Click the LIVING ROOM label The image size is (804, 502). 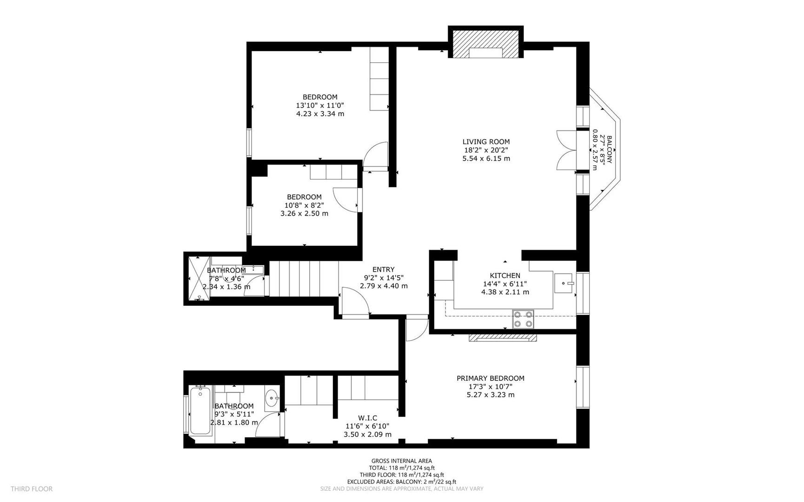[486, 142]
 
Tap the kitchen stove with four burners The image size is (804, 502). [523, 319]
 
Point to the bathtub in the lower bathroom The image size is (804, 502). [200, 412]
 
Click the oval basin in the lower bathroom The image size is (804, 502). [272, 398]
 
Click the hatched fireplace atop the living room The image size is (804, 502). [485, 45]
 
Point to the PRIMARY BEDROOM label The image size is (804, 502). [490, 378]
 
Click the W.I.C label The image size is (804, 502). [367, 418]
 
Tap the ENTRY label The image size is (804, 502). [383, 269]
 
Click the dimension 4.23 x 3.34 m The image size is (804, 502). [320, 114]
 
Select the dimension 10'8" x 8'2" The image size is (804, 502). [304, 205]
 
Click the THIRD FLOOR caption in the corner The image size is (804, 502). [32, 489]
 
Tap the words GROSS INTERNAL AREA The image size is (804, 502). [401, 461]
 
